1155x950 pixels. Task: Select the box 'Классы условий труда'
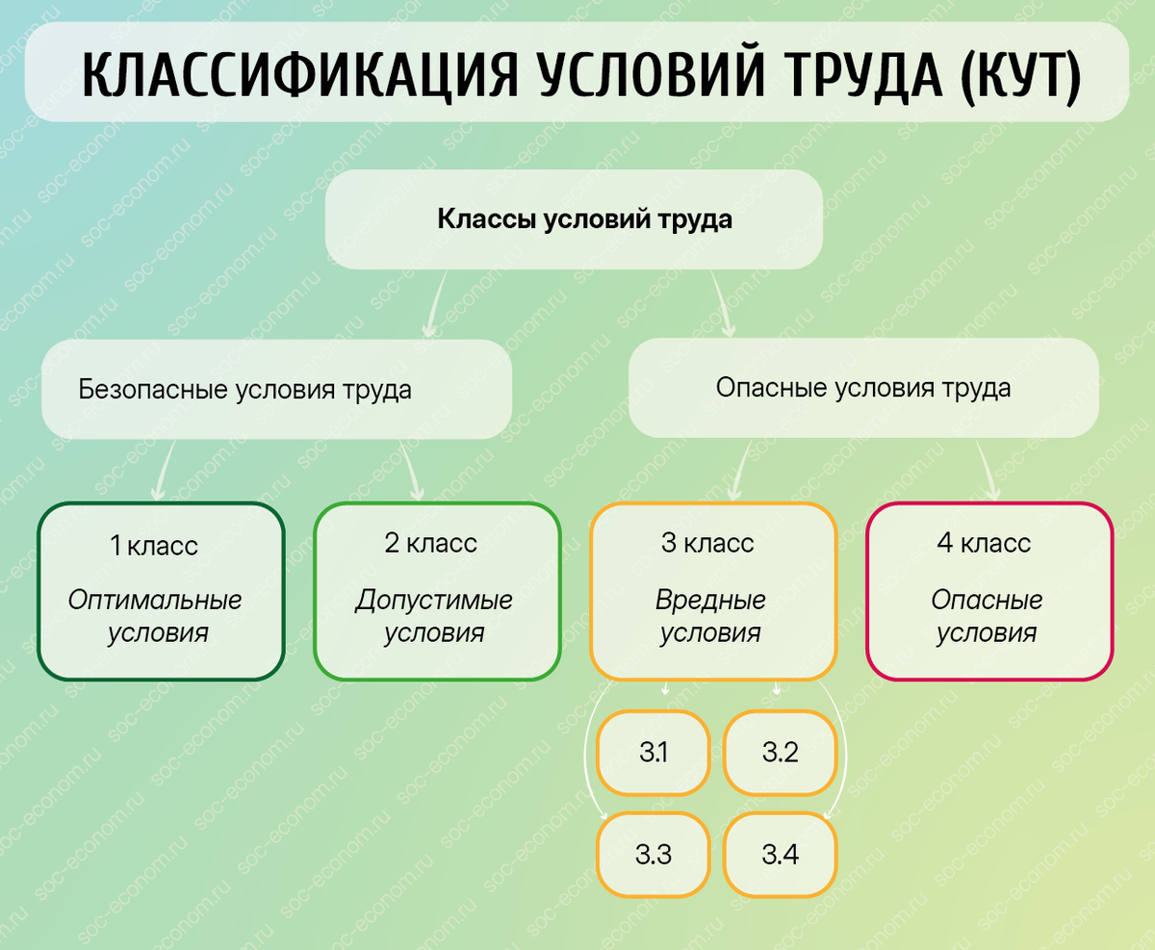pyautogui.click(x=574, y=219)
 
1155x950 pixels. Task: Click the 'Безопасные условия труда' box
pyautogui.click(x=276, y=390)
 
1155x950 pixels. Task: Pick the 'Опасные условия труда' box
pyautogui.click(x=863, y=388)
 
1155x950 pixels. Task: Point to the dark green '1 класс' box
pyautogui.click(x=161, y=590)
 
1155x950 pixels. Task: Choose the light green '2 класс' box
pyautogui.click(x=437, y=590)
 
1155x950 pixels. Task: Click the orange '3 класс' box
pyautogui.click(x=713, y=590)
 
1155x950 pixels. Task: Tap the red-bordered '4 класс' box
pyautogui.click(x=989, y=590)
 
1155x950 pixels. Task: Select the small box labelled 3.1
pyautogui.click(x=654, y=753)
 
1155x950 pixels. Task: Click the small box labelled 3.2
pyautogui.click(x=781, y=753)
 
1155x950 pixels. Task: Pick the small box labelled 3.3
pyautogui.click(x=654, y=854)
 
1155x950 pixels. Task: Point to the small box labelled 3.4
pyautogui.click(x=781, y=854)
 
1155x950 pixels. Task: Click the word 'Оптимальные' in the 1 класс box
pyautogui.click(x=155, y=602)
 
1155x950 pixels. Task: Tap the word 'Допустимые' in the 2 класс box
pyautogui.click(x=434, y=602)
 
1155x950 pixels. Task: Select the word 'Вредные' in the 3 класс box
pyautogui.click(x=711, y=602)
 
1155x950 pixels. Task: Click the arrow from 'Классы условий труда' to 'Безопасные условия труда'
pyautogui.click(x=434, y=303)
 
